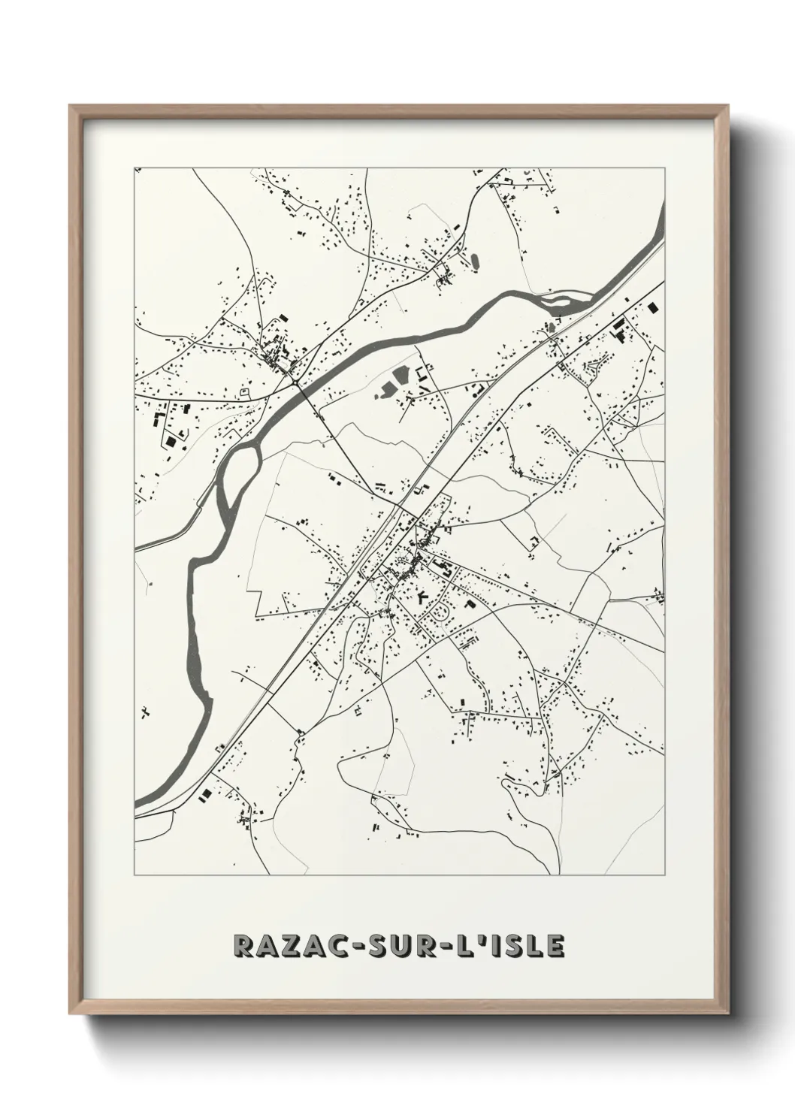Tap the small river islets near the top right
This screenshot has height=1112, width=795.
(x=565, y=304)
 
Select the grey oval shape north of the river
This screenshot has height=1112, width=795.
(x=474, y=262)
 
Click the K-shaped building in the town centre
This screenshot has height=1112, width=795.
(x=422, y=597)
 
